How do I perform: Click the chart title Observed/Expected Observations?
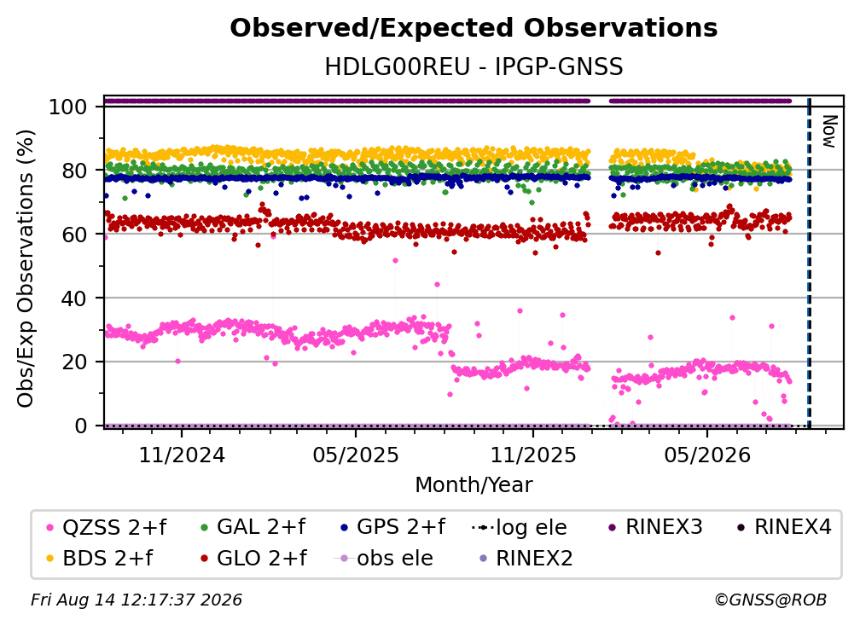coord(474,28)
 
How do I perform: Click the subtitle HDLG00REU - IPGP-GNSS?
coord(474,67)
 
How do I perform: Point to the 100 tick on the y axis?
coord(68,107)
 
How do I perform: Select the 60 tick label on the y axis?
coord(74,234)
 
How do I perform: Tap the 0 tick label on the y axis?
coord(81,426)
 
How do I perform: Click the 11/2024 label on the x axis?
coord(182,455)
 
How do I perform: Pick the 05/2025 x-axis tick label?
coord(356,455)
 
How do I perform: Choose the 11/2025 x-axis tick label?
coord(532,455)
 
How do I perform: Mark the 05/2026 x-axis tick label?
coord(706,455)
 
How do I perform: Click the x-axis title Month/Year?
coord(474,484)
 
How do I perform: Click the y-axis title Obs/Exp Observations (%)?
coord(26,269)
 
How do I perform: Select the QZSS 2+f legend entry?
coord(107,527)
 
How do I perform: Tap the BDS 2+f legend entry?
coord(101,558)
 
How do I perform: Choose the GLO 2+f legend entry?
coord(254,558)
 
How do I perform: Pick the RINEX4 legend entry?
coord(785,527)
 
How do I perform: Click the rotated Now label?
coord(829,131)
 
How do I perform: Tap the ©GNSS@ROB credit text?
coord(770,600)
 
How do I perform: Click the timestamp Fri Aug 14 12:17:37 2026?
coord(137,600)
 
